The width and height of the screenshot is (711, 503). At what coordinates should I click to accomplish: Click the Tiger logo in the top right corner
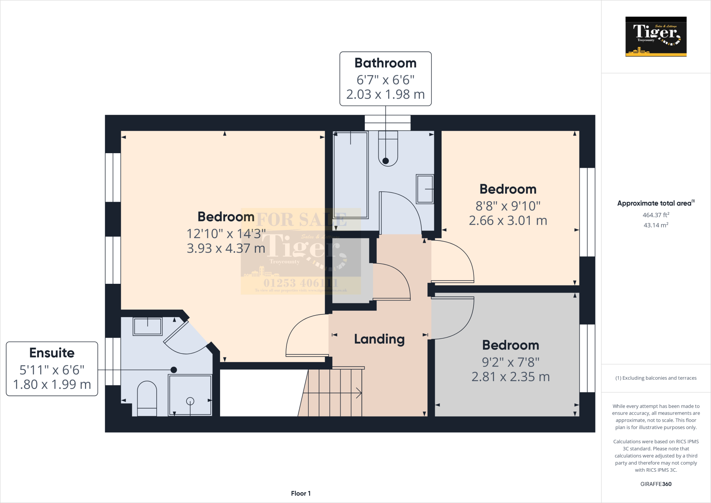pyautogui.click(x=656, y=36)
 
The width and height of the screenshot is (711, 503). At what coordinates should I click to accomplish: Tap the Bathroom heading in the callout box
pyautogui.click(x=385, y=63)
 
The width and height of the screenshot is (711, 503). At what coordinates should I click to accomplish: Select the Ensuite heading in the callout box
pyautogui.click(x=52, y=353)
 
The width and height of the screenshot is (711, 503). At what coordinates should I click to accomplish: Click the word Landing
pyautogui.click(x=379, y=339)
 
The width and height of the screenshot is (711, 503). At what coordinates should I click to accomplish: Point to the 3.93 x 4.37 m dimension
pyautogui.click(x=226, y=248)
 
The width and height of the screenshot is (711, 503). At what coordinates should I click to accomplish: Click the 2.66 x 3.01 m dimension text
pyautogui.click(x=508, y=221)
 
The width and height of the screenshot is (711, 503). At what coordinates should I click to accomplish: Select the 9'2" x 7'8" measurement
pyautogui.click(x=510, y=362)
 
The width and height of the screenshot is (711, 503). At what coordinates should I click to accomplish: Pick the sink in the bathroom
pyautogui.click(x=425, y=189)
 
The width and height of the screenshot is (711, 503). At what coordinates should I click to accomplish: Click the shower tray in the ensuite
pyautogui.click(x=190, y=395)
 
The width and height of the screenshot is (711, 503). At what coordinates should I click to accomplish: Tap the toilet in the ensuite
pyautogui.click(x=147, y=398)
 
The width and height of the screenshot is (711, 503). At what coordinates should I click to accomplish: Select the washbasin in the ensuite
pyautogui.click(x=148, y=327)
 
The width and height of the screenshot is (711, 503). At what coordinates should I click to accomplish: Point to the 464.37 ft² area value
pyautogui.click(x=655, y=215)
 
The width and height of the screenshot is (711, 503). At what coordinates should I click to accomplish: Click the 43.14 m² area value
pyautogui.click(x=655, y=225)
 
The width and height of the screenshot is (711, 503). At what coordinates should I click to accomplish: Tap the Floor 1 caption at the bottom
pyautogui.click(x=301, y=493)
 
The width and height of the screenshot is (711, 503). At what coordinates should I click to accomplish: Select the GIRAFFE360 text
pyautogui.click(x=655, y=484)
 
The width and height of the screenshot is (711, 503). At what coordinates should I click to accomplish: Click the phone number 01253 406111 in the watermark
pyautogui.click(x=301, y=283)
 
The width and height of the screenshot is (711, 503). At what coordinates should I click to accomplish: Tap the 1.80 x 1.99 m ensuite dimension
pyautogui.click(x=52, y=385)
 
